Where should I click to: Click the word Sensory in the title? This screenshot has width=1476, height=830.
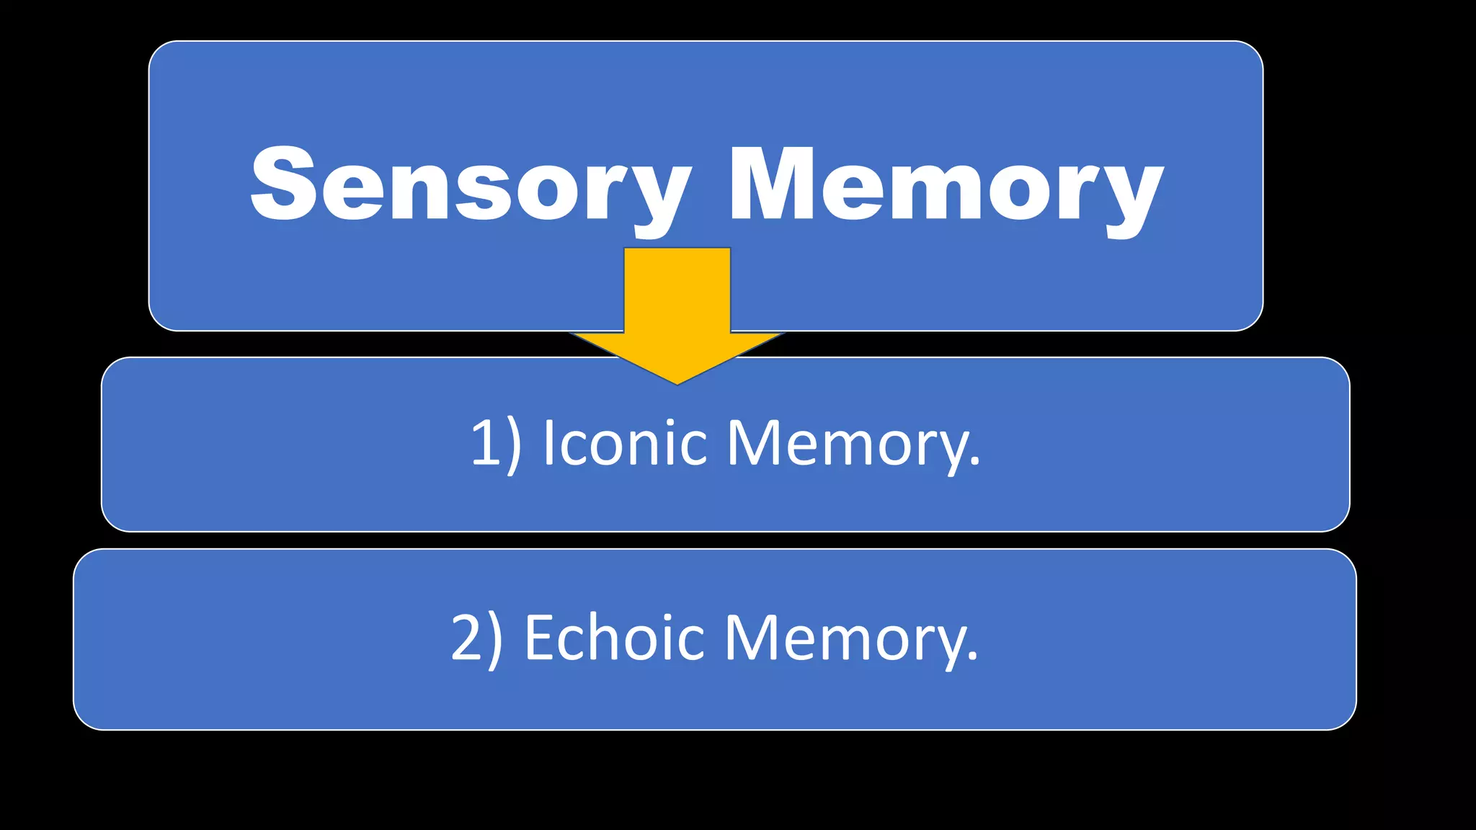470,184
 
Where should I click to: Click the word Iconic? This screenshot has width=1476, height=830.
624,443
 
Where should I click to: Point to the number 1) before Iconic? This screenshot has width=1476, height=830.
495,443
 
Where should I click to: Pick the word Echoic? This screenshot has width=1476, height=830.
614,638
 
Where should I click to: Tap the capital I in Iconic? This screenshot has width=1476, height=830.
549,442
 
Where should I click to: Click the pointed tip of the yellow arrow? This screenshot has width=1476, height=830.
677,382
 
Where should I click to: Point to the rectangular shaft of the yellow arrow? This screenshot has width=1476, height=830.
677,288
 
